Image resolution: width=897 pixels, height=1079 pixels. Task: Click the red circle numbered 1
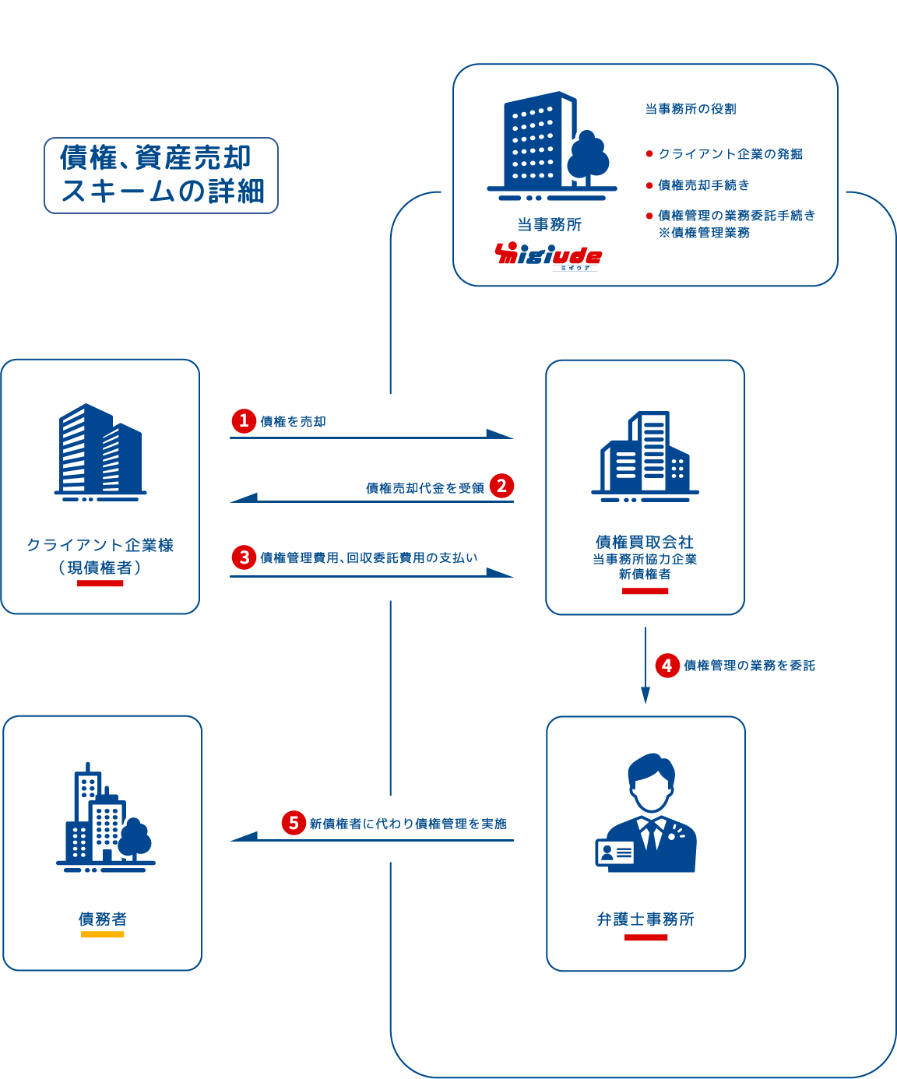[x=244, y=421]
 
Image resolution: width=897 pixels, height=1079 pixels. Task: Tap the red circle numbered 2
[x=501, y=487]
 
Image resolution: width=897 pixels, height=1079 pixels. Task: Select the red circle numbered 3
[x=244, y=557]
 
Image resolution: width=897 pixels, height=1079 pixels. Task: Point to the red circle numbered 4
[x=667, y=666]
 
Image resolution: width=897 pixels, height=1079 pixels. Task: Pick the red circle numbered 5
[x=294, y=823]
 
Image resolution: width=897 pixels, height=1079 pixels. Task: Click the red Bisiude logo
[x=548, y=255]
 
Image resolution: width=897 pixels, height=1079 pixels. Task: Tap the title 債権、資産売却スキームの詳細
[x=161, y=174]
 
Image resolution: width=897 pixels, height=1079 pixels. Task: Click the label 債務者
[x=102, y=919]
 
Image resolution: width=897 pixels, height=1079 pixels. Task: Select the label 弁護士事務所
[x=645, y=919]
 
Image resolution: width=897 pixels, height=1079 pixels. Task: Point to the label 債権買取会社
[x=645, y=542]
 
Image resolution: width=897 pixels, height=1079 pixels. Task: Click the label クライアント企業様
[x=100, y=545]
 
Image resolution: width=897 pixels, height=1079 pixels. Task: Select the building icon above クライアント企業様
[x=100, y=452]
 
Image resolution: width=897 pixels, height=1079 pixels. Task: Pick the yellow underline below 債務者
[x=103, y=934]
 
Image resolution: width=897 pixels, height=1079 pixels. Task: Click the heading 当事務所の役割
[x=691, y=109]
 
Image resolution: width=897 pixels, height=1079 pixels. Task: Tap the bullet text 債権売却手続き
[x=703, y=185]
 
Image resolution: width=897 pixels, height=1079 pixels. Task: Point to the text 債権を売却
[x=293, y=422]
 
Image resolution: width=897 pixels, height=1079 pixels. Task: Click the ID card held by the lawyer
[x=614, y=852]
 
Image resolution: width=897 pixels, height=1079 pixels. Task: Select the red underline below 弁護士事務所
[x=646, y=938]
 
